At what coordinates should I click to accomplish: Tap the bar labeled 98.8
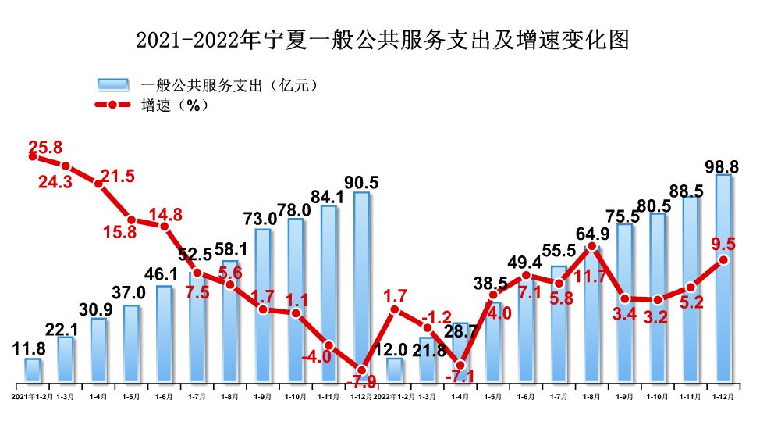[x=723, y=278]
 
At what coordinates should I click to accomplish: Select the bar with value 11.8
[x=33, y=370]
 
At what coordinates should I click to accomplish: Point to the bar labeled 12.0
[x=395, y=372]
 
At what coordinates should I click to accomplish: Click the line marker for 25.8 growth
[x=33, y=156]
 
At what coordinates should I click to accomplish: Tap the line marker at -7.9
[x=361, y=370]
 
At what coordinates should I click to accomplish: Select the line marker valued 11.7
[x=591, y=247]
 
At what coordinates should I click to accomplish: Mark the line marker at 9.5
[x=723, y=259]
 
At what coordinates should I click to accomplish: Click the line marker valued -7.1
[x=460, y=365]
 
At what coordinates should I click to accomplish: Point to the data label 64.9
[x=592, y=234]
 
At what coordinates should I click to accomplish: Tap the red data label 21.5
[x=118, y=177]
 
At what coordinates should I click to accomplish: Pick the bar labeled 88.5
[x=691, y=290]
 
